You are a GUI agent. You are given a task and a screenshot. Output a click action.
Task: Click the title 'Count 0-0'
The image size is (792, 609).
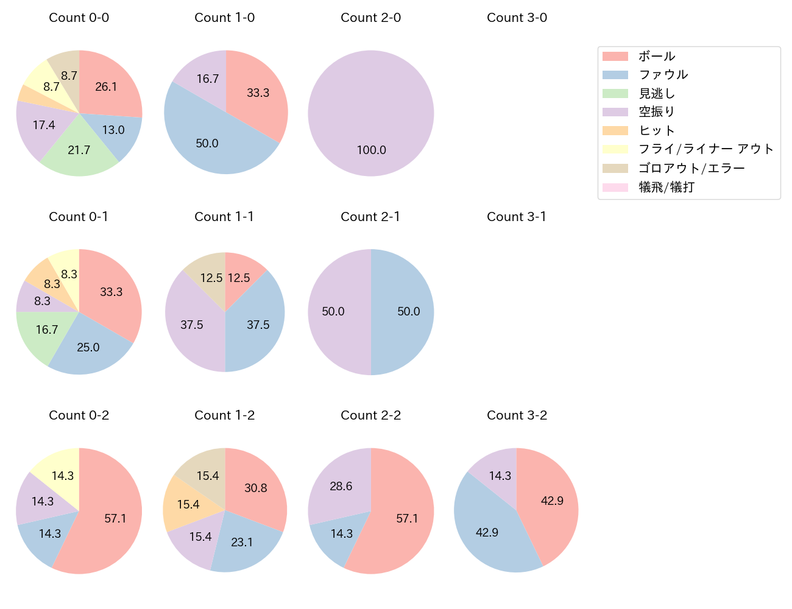pos(79,18)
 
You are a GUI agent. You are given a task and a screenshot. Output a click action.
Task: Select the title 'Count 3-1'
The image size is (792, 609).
pos(517,217)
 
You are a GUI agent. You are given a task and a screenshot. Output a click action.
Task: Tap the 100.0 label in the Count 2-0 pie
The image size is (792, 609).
pos(371,150)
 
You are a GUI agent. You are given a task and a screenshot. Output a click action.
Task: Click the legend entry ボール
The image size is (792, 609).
pos(656,56)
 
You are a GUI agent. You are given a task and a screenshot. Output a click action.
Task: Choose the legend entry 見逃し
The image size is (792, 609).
pos(656,93)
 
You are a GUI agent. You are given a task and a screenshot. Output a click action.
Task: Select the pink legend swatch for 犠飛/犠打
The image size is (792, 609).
pos(615,187)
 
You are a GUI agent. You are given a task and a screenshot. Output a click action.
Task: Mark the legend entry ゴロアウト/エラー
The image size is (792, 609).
pos(691,168)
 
